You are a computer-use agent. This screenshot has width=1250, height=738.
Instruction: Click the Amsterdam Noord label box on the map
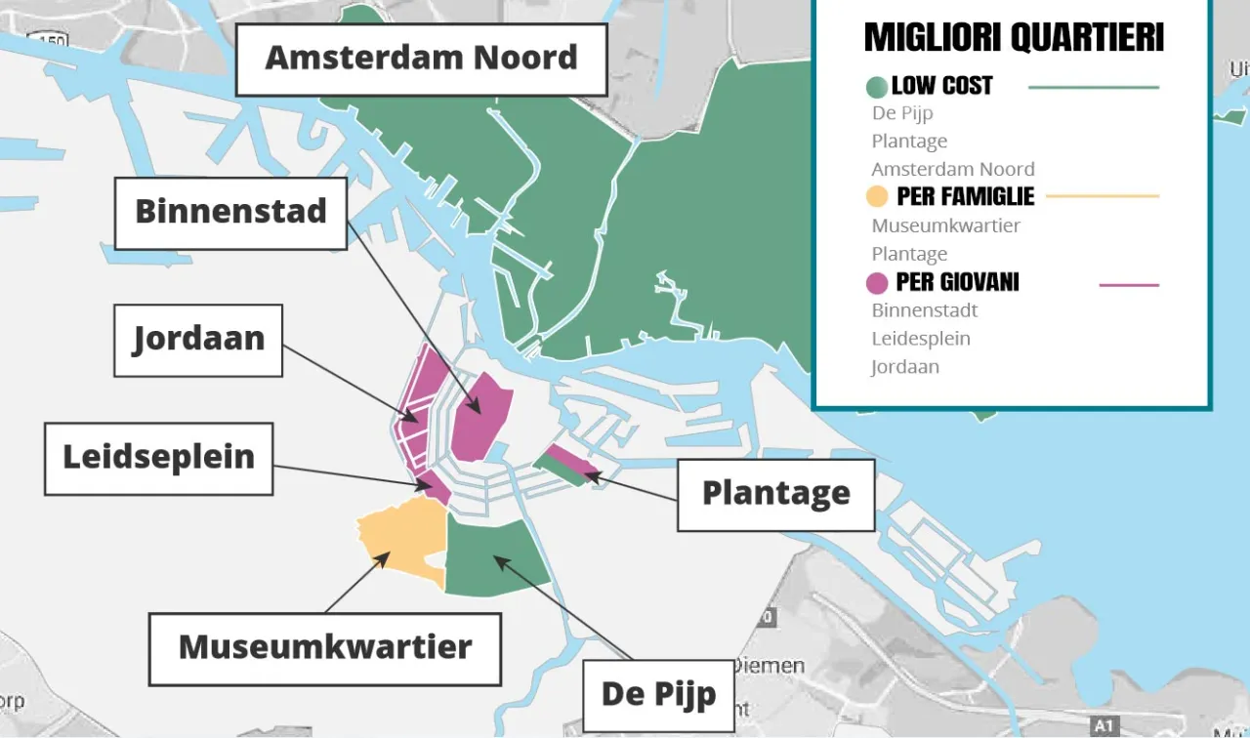(x=422, y=60)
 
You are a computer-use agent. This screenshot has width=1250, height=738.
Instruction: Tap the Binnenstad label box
(x=230, y=213)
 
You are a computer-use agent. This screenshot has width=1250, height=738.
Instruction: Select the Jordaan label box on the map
(x=198, y=340)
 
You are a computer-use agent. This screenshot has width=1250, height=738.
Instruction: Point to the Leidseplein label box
(x=158, y=458)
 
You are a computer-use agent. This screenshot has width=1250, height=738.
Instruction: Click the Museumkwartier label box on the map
(x=324, y=648)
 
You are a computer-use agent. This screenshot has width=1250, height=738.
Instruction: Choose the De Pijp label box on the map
(x=658, y=695)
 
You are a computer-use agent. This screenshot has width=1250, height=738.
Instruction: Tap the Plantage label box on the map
(x=775, y=495)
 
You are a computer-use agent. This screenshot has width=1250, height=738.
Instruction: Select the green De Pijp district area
(x=495, y=553)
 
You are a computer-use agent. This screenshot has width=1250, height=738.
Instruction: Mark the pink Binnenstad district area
(x=483, y=415)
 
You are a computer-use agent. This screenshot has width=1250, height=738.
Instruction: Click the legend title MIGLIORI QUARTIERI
(x=1014, y=38)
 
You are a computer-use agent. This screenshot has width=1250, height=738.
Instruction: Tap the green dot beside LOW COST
(x=877, y=87)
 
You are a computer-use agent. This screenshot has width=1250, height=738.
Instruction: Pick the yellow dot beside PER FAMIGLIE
(x=877, y=197)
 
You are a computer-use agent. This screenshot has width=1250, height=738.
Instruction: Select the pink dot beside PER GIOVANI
(x=877, y=283)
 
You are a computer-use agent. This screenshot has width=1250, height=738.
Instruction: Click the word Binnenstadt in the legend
(x=924, y=310)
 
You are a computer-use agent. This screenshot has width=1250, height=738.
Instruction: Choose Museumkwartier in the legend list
(x=945, y=225)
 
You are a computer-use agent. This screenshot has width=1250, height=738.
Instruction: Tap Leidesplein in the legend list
(x=920, y=339)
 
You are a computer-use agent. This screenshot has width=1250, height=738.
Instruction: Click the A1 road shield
(x=1104, y=726)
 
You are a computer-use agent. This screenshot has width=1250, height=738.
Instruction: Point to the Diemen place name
(x=771, y=667)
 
